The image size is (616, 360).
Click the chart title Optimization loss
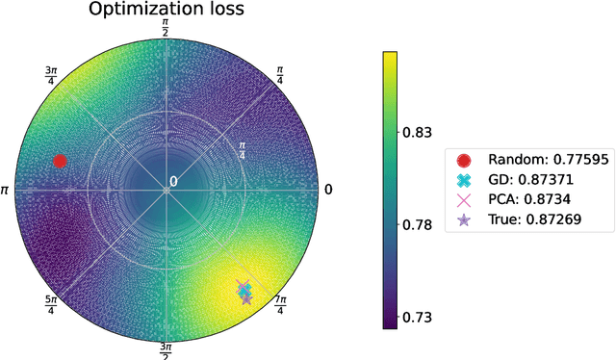166,11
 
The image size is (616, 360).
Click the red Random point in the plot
60,161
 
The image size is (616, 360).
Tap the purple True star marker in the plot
246,298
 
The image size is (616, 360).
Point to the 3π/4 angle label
51,74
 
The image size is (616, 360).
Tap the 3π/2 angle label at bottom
166,348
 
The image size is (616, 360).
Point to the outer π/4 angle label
280,74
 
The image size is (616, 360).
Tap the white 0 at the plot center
173,182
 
